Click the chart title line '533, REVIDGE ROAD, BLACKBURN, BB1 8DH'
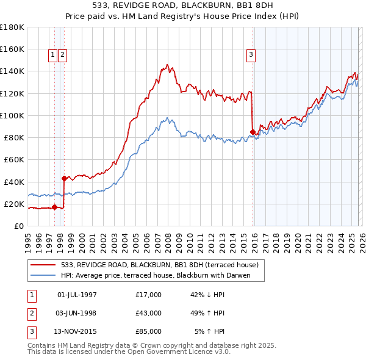(183, 5)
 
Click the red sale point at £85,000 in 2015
(253, 131)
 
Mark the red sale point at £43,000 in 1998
(64, 178)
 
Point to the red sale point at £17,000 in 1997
(54, 207)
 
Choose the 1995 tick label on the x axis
(27, 239)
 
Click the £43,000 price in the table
(149, 313)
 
